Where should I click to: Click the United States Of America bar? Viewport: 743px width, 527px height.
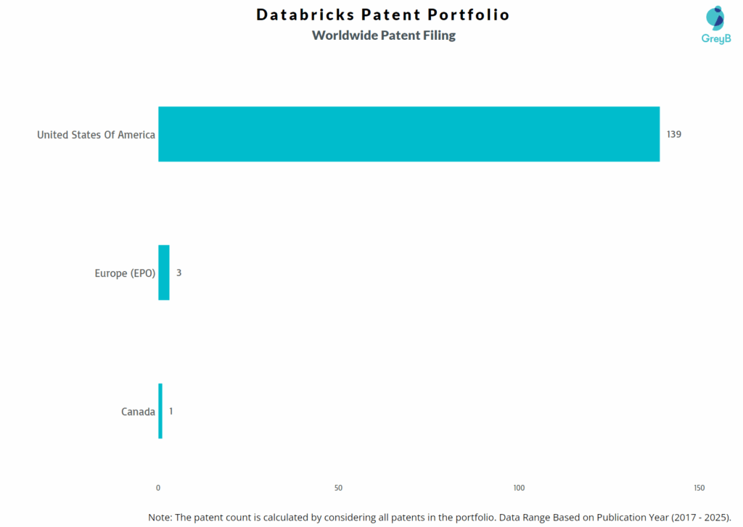[x=409, y=134]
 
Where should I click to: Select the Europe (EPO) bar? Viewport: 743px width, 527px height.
[x=164, y=273]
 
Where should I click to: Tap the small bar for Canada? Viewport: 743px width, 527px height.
[x=160, y=411]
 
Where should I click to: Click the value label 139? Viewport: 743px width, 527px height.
[x=674, y=134]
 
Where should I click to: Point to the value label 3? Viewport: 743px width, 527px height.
[x=178, y=273]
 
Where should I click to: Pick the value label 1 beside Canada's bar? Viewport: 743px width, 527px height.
[x=171, y=411]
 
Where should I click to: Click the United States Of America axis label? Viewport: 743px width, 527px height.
[x=96, y=134]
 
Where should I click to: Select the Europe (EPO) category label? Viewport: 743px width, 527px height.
[x=125, y=273]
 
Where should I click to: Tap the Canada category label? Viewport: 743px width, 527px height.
[x=138, y=412]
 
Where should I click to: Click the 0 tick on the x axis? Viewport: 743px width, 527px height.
[x=158, y=488]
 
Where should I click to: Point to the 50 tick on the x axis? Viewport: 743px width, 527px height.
[x=339, y=488]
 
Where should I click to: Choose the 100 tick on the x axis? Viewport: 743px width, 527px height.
[x=519, y=488]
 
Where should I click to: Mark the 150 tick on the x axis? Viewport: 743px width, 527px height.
[x=699, y=488]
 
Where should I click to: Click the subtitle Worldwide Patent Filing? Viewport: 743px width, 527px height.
[x=384, y=35]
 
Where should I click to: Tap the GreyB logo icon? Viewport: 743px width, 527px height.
[x=715, y=17]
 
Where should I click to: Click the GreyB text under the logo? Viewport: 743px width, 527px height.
[x=715, y=38]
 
